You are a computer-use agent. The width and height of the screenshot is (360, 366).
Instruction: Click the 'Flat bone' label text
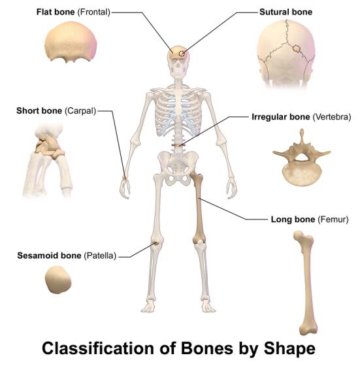tap(56, 12)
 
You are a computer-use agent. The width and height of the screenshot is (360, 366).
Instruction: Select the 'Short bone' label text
tap(39, 110)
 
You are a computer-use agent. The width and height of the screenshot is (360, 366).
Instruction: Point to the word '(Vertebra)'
tap(331, 117)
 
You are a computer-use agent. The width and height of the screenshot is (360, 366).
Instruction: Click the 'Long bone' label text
tap(293, 220)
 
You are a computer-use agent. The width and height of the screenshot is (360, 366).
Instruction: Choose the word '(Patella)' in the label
tap(100, 256)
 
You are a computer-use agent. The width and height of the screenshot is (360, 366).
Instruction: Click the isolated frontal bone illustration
tap(71, 42)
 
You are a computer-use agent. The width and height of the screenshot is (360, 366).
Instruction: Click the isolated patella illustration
tap(58, 280)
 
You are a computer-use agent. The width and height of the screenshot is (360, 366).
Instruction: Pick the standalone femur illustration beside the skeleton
tap(306, 282)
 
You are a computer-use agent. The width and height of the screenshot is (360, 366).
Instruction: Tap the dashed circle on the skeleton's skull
tap(182, 54)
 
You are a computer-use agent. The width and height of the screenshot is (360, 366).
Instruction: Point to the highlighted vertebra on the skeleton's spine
tap(178, 145)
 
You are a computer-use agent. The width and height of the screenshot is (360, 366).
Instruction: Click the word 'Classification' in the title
tap(98, 348)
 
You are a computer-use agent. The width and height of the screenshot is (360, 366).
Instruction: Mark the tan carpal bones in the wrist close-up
tap(49, 146)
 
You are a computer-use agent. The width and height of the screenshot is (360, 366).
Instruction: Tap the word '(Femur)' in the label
tap(333, 220)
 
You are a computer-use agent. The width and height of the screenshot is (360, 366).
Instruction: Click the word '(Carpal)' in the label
tap(80, 110)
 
